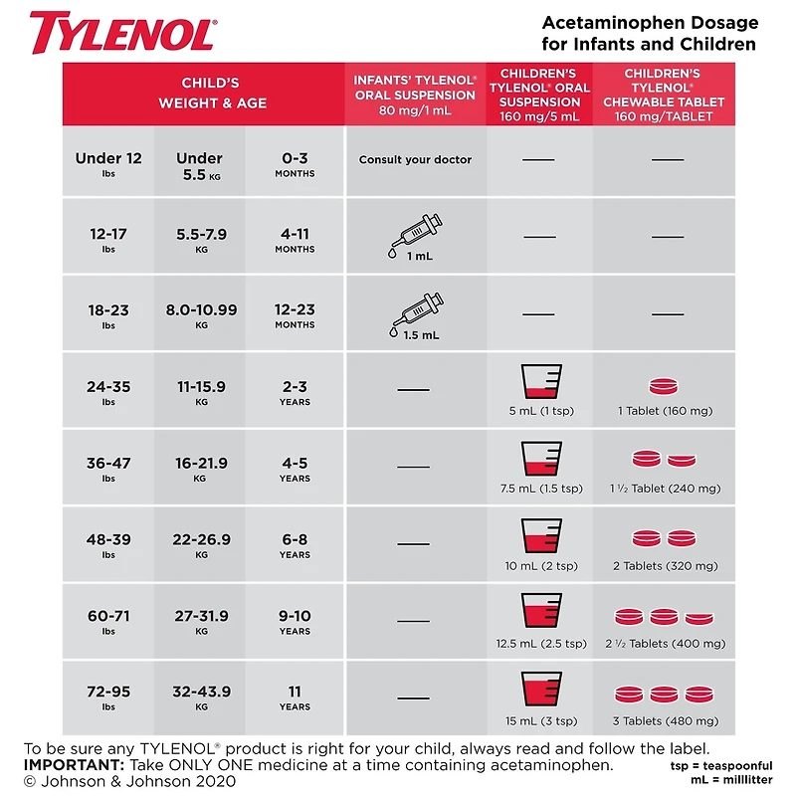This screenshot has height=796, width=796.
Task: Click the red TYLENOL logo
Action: click(122, 33)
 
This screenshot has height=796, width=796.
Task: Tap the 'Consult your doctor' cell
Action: click(415, 159)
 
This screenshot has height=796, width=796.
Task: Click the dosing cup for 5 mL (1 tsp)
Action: click(540, 381)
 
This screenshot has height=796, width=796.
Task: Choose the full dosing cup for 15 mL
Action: click(540, 689)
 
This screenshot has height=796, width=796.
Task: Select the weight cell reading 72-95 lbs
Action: click(108, 696)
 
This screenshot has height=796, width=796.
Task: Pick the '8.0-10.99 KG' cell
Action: click(201, 314)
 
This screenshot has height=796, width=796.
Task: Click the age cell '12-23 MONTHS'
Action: click(295, 314)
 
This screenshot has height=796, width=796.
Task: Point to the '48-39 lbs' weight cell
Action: click(108, 544)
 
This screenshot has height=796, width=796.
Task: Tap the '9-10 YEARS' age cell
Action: click(295, 621)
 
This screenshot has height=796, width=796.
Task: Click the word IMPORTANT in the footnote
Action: click(71, 764)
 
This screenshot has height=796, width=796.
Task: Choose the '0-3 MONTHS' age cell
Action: click(295, 164)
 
